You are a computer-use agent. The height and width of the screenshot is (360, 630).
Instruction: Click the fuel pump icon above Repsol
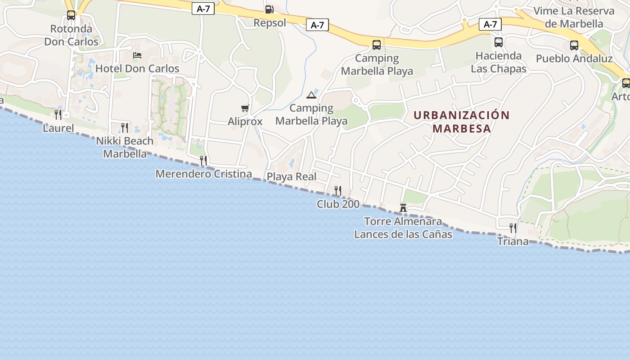269,9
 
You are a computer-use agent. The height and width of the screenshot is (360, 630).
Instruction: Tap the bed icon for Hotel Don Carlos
137,55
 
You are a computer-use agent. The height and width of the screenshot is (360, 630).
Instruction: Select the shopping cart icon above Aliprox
245,108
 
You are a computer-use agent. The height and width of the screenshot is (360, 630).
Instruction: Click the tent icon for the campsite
311,95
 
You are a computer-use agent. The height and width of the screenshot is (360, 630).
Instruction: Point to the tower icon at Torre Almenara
403,208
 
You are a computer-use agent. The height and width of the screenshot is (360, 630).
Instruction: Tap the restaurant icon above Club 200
338,191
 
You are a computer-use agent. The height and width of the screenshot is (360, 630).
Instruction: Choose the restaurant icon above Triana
513,228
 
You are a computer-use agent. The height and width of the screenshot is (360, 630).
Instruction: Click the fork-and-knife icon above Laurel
58,115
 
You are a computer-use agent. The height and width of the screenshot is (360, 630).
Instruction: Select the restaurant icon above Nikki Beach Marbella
125,128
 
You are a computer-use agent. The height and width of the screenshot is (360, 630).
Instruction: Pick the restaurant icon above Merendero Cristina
203,161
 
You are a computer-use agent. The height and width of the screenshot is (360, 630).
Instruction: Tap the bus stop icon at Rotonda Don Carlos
71,15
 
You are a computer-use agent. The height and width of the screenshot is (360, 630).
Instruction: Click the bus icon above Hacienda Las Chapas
499,43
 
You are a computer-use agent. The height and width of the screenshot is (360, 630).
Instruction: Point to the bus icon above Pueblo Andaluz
574,45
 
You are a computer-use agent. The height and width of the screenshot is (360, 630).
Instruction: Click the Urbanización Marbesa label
461,121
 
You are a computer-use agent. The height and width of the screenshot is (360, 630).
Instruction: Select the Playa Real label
292,177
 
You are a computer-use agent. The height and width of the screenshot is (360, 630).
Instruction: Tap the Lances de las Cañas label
403,234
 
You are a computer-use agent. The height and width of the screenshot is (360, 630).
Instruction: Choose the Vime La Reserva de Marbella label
574,17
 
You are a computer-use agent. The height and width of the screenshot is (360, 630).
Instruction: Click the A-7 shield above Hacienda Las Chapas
490,24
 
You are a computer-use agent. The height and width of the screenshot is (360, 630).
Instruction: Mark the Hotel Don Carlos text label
137,69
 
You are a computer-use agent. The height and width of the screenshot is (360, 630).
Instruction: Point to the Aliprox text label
245,121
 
